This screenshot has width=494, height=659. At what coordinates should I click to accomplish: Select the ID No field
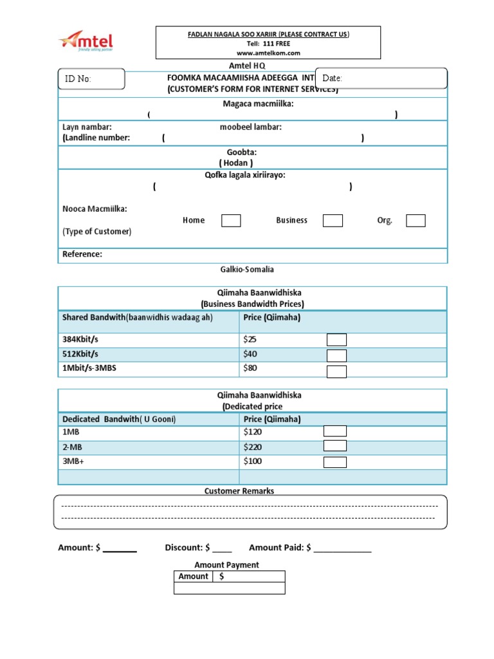tap(91, 79)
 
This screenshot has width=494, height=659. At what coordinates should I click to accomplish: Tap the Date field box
tap(381, 78)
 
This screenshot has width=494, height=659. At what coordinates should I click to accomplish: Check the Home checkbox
tap(231, 221)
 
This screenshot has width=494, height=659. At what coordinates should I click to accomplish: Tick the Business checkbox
tap(333, 221)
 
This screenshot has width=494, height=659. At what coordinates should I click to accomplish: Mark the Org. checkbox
tap(416, 221)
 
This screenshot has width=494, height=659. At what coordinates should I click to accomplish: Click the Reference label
tap(82, 254)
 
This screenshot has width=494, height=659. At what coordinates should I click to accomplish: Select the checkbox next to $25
tap(336, 340)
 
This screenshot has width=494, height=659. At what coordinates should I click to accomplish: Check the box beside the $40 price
tap(336, 355)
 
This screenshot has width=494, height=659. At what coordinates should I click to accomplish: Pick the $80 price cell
tap(250, 369)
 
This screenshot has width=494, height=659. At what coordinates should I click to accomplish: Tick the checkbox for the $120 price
tap(335, 431)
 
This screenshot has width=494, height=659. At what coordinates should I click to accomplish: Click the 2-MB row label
tap(73, 447)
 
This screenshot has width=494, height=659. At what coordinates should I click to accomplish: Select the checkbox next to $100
tap(335, 461)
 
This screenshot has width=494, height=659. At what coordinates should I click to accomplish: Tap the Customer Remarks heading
tap(239, 491)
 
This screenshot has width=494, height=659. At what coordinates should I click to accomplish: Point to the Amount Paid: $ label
tap(280, 548)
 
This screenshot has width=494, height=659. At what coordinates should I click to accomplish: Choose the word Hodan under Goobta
tap(241, 163)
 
